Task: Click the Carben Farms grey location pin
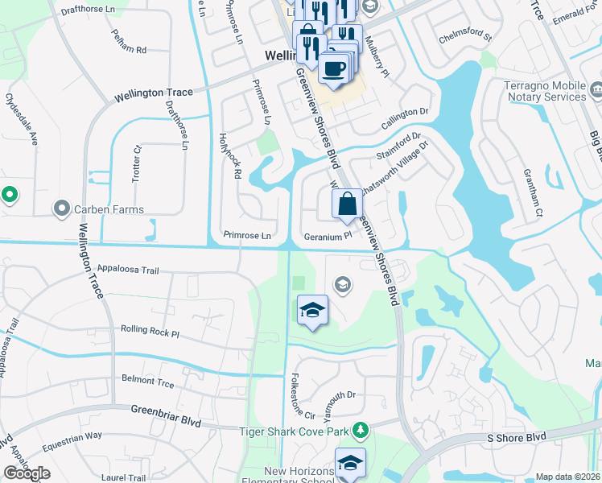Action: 62,209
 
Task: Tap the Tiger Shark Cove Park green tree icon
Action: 361,431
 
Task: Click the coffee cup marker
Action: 334,68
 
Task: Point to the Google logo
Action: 27,473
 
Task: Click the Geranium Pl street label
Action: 328,236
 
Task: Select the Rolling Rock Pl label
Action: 149,330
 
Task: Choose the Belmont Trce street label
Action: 147,378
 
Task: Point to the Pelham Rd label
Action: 130,50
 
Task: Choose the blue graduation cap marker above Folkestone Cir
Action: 312,310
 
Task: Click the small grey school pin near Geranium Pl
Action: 343,283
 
